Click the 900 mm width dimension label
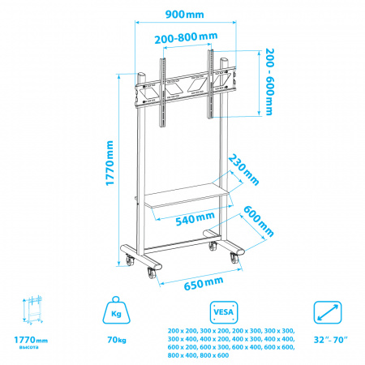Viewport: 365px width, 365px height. click(x=185, y=14)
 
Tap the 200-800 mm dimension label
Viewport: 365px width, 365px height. click(x=186, y=37)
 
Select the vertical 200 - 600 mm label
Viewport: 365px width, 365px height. click(x=269, y=82)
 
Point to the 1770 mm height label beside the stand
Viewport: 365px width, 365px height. click(x=109, y=163)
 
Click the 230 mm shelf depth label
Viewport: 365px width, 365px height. click(x=243, y=170)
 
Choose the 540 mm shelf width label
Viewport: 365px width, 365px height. click(x=195, y=218)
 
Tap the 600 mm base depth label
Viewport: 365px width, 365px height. click(x=259, y=221)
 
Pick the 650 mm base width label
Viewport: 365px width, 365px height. click(x=204, y=283)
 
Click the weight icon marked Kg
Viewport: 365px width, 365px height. click(x=116, y=310)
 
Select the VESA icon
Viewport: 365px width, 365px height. click(x=224, y=312)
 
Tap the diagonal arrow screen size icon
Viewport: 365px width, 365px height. click(x=328, y=312)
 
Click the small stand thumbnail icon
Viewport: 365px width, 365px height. click(x=32, y=310)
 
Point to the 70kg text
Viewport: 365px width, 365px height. click(x=117, y=340)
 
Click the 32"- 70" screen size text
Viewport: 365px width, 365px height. click(x=330, y=340)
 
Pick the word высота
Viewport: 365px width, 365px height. click(x=29, y=347)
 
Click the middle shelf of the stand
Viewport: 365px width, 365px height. click(x=188, y=195)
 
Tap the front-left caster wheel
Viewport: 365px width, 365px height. click(x=152, y=273)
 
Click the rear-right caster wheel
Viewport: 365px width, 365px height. click(x=213, y=247)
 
